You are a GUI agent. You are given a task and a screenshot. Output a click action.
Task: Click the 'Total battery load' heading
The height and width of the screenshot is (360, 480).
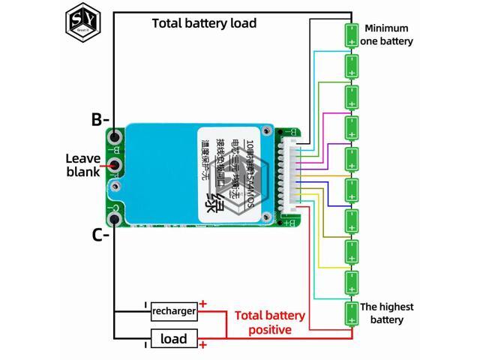coord(204,23)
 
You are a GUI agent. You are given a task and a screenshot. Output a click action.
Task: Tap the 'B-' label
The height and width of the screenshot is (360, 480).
coord(100,119)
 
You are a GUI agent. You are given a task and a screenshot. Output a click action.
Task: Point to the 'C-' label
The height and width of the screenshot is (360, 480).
coord(100,235)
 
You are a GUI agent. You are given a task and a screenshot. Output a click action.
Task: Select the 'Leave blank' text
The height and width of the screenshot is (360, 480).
coord(82,165)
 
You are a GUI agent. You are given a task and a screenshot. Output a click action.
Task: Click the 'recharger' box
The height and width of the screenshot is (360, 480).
coord(174,310)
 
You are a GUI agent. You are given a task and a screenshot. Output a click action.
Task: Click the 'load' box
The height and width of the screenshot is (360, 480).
coord(174,339)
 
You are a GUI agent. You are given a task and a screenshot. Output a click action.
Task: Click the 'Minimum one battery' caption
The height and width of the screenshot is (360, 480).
coord(388,34)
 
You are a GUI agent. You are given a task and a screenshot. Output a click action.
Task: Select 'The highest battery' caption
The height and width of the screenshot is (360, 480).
coord(388,313)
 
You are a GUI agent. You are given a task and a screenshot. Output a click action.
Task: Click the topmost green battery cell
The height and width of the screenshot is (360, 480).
coord(350,34)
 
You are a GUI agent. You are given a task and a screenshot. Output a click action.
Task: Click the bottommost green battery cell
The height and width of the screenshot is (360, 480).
coord(350,313)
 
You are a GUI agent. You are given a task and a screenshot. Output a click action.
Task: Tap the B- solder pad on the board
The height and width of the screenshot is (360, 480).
coord(115,137)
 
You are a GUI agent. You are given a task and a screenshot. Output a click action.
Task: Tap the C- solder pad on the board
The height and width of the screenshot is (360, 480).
coord(115,219)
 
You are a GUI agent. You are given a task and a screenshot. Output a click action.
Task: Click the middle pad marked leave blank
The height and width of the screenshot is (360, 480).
coord(115,165)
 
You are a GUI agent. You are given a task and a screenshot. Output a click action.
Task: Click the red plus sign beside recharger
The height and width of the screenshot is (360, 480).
coord(202,304)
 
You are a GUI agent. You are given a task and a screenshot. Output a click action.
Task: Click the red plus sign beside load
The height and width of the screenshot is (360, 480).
coord(202,344)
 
